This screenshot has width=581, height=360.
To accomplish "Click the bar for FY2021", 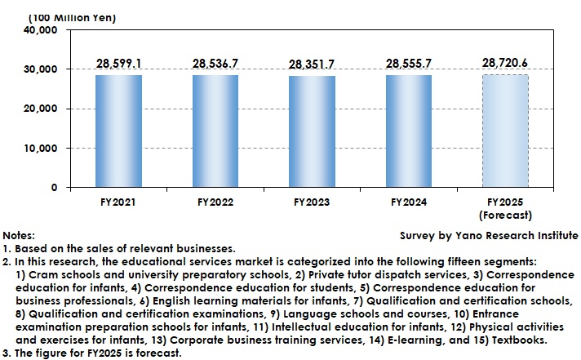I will [118, 131].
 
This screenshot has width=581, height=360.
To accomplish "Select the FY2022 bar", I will [215, 131].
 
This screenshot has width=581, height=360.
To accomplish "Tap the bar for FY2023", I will [312, 131].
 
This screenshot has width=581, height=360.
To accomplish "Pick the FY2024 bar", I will [408, 131].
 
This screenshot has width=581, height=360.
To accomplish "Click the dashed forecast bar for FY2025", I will [505, 131].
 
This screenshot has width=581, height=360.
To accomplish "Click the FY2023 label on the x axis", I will [312, 201].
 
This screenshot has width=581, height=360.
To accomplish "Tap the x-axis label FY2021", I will [118, 201].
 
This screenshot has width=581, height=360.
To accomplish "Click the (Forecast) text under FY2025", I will [505, 216].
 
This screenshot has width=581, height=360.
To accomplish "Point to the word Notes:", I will [20, 234].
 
